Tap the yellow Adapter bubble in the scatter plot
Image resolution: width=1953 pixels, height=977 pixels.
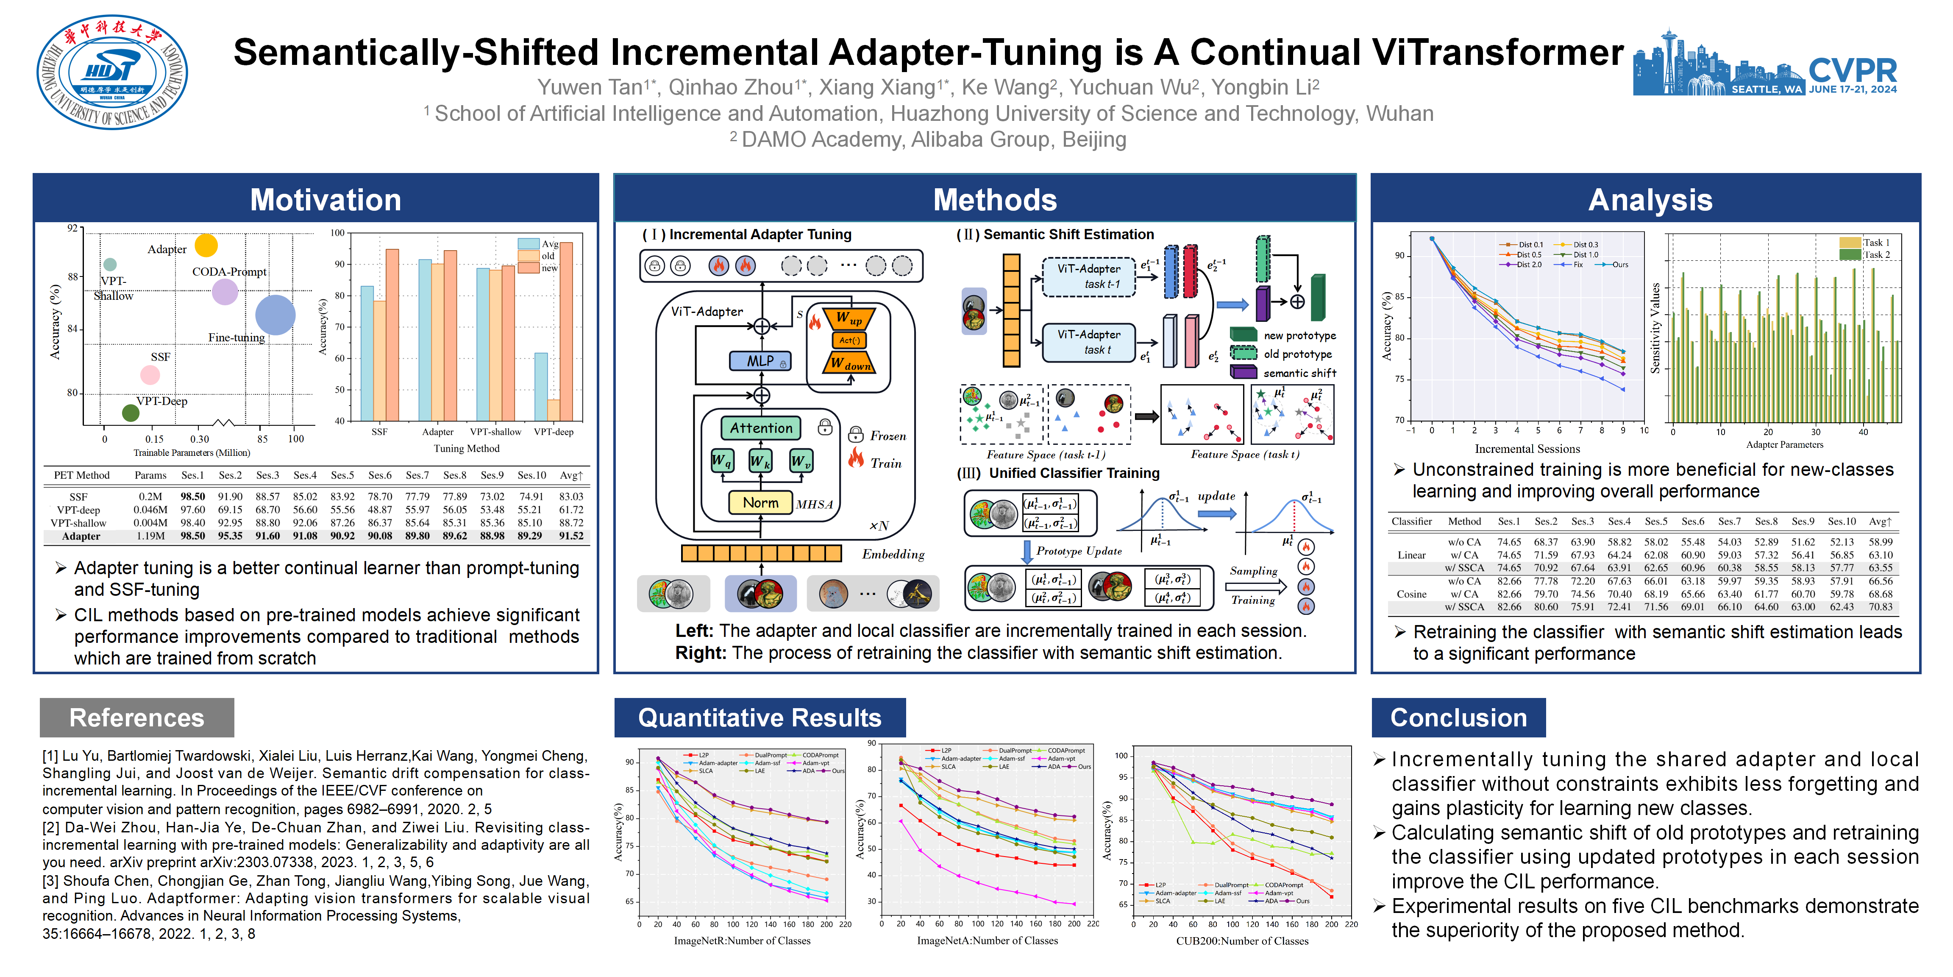(x=206, y=245)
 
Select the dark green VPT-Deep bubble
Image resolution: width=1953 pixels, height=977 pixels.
(x=131, y=413)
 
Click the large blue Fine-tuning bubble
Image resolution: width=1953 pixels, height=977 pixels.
(x=275, y=315)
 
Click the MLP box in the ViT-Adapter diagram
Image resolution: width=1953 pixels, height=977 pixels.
(x=759, y=361)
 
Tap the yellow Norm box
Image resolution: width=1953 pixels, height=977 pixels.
(x=760, y=502)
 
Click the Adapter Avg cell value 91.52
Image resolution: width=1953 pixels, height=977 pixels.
(x=571, y=536)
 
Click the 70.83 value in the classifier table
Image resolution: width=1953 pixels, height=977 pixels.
(x=1880, y=607)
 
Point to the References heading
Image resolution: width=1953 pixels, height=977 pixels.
(x=136, y=717)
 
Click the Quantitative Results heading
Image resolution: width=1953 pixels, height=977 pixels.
(x=759, y=717)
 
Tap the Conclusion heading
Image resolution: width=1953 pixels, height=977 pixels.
(x=1458, y=717)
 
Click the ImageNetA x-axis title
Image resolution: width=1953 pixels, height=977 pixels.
(x=987, y=941)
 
